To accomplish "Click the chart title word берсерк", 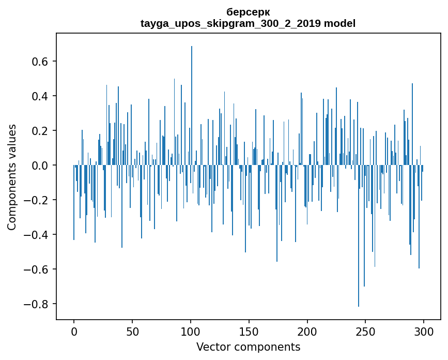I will (248, 12).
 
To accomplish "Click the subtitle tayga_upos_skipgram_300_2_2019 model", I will (248, 23).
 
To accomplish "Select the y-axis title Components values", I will (12, 177).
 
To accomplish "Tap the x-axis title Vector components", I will (248, 347).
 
